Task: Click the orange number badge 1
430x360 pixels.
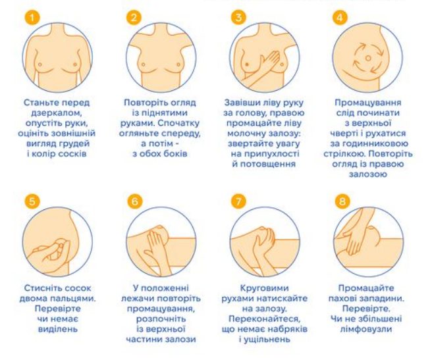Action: click(x=32, y=18)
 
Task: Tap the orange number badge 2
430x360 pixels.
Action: click(x=134, y=18)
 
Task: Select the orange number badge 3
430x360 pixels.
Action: click(x=238, y=18)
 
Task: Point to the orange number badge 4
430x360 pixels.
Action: click(x=340, y=18)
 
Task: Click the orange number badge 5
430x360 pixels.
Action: click(x=32, y=201)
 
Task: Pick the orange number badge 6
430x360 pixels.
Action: click(x=135, y=201)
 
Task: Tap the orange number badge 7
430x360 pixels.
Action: click(x=238, y=201)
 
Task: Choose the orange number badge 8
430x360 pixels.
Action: click(x=342, y=201)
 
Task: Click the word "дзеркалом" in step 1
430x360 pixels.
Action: click(x=57, y=113)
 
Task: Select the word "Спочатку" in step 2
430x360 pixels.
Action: click(x=178, y=123)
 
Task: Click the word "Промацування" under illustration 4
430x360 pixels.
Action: click(x=367, y=103)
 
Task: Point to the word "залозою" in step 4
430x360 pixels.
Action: click(x=367, y=174)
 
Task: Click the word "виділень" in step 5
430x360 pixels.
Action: click(x=58, y=329)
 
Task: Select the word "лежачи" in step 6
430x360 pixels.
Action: click(x=138, y=298)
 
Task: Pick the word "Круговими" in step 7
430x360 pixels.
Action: click(x=264, y=288)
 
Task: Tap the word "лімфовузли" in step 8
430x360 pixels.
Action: click(x=366, y=329)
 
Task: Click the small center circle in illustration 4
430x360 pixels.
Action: click(x=368, y=59)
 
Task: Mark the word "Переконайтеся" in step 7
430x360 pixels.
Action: click(x=265, y=319)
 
